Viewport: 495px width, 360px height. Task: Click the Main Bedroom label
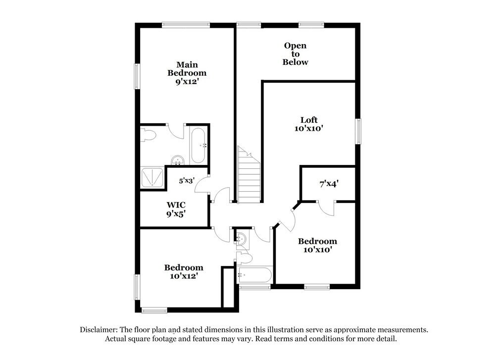tap(186, 73)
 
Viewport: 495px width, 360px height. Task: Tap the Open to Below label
tap(295, 54)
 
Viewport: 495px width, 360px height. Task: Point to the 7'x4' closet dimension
tap(329, 184)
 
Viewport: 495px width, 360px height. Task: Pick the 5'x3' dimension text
tap(187, 181)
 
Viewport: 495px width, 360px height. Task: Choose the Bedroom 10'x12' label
tap(184, 272)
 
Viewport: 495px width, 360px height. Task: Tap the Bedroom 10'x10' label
tap(317, 246)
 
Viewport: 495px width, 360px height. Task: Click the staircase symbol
tap(249, 176)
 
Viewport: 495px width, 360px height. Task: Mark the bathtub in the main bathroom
tap(198, 146)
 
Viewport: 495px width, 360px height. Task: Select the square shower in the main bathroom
tap(152, 177)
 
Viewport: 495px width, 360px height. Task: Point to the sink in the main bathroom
tap(178, 160)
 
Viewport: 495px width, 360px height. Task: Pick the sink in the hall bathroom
tap(241, 239)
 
